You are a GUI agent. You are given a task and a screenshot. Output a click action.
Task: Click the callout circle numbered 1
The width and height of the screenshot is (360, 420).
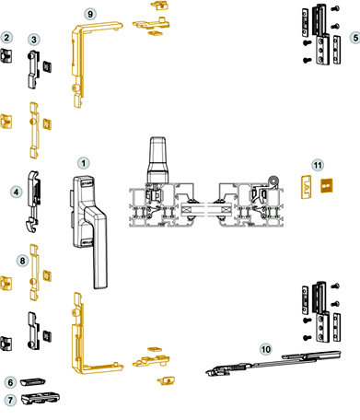pyautogui.click(x=84, y=163)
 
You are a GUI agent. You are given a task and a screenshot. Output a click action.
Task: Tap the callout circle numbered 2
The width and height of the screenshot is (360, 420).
pyautogui.click(x=6, y=38)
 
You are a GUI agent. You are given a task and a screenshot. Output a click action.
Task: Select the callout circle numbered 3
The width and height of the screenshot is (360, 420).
pyautogui.click(x=34, y=40)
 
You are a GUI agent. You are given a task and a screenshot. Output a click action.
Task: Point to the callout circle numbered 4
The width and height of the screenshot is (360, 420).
pyautogui.click(x=17, y=192)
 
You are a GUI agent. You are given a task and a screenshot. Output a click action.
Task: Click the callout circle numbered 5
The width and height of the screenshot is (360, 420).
pyautogui.click(x=355, y=38)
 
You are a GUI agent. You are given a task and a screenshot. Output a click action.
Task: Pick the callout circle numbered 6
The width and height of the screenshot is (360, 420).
pyautogui.click(x=10, y=382)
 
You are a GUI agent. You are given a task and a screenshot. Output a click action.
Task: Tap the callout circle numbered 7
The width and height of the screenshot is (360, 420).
pyautogui.click(x=10, y=400)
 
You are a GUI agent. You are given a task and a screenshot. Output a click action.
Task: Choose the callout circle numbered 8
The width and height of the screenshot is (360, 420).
pyautogui.click(x=22, y=261)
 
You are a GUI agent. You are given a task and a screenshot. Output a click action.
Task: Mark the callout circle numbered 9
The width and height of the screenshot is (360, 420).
pyautogui.click(x=90, y=14)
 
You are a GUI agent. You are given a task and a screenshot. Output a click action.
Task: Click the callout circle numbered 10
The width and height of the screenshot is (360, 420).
pyautogui.click(x=266, y=349)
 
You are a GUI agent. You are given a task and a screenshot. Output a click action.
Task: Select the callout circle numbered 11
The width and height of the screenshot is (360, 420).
pyautogui.click(x=318, y=166)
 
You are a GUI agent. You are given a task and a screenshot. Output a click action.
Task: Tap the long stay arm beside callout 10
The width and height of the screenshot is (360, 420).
pyautogui.click(x=273, y=364)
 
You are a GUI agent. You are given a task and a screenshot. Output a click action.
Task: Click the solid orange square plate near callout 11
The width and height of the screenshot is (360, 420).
pyautogui.click(x=327, y=186)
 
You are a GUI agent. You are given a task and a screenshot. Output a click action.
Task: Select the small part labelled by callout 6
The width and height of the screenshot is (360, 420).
pyautogui.click(x=33, y=381)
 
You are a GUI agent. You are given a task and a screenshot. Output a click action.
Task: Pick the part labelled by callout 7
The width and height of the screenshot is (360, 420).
pyautogui.click(x=41, y=398)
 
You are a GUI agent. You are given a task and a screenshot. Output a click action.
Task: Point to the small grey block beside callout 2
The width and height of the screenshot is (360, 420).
pyautogui.click(x=6, y=55)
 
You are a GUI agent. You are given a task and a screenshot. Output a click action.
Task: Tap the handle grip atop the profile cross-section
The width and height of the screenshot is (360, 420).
pyautogui.click(x=158, y=159)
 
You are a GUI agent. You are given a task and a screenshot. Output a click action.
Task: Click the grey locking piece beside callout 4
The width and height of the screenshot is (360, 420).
pyautogui.click(x=33, y=201)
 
